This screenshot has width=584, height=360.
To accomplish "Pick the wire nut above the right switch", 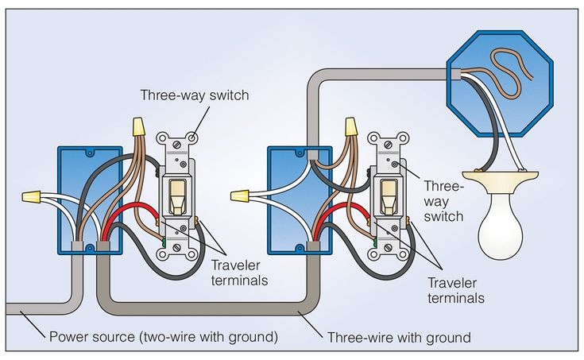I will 350,128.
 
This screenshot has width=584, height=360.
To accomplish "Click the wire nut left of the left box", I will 33,195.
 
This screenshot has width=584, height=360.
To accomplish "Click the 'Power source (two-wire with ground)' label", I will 164,337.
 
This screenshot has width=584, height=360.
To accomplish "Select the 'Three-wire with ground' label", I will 399,337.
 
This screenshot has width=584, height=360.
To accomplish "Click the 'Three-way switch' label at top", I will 195,95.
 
